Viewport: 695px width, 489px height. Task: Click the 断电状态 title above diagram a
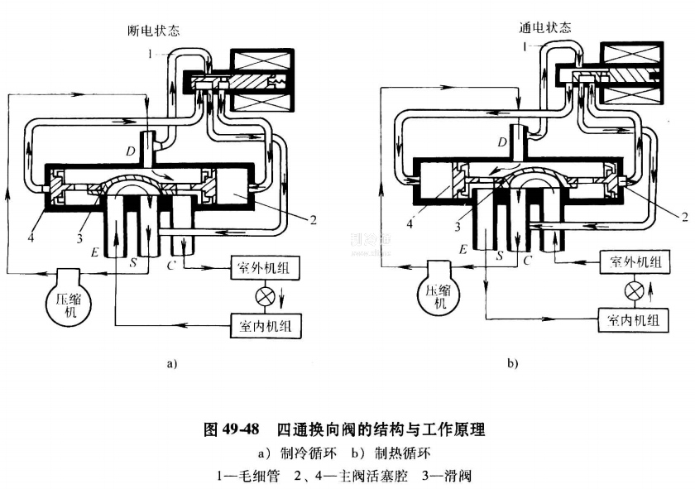tap(148, 31)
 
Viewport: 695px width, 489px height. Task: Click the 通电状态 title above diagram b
tap(543, 27)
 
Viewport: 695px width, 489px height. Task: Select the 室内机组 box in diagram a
tap(266, 325)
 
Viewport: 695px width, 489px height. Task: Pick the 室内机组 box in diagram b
tap(634, 320)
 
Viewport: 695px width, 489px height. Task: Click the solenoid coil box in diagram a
tap(259, 80)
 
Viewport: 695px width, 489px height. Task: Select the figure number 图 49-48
tap(232, 430)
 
